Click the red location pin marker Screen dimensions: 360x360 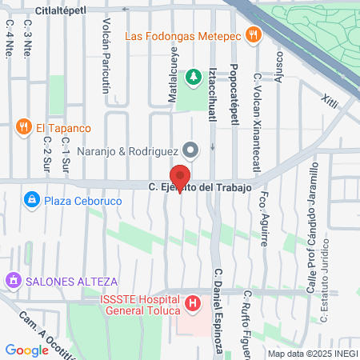180,177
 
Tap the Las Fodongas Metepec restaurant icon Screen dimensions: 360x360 254,34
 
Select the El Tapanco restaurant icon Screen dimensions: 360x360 22,127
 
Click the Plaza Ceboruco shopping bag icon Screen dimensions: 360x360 31,198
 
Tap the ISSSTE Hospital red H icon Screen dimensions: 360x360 192,304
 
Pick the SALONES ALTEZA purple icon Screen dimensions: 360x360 13,282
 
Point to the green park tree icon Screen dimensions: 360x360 192,78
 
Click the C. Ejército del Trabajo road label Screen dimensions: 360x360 200,187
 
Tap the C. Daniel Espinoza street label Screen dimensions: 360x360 217,309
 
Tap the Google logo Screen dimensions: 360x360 26,350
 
